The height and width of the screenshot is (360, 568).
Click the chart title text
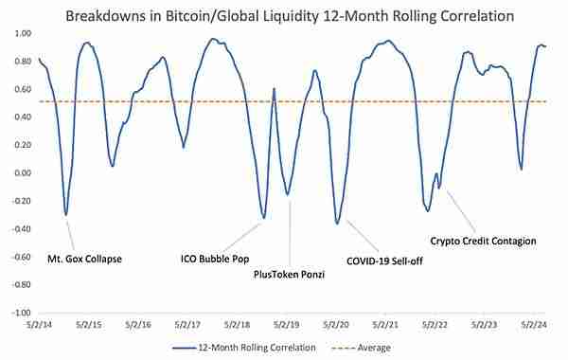(290, 16)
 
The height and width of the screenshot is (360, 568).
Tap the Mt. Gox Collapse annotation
(85, 259)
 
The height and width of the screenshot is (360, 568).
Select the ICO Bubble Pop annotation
(215, 259)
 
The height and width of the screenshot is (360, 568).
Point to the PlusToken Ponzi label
(289, 275)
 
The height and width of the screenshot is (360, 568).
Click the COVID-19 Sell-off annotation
(384, 261)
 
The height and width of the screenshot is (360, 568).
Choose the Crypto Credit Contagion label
(483, 241)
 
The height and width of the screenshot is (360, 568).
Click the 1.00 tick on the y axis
(23, 34)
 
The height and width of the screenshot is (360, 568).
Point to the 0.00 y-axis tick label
(23, 173)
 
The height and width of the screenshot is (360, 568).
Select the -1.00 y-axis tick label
(22, 313)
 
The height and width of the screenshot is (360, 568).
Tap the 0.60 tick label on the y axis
(23, 89)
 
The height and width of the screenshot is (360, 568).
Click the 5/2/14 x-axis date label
(39, 324)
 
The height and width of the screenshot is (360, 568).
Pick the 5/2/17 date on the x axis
(187, 324)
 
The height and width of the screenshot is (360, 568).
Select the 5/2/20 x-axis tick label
(336, 324)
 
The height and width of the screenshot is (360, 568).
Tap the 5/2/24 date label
(534, 324)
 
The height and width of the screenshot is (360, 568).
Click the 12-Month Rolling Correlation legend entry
(244, 348)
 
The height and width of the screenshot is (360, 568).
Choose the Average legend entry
(361, 348)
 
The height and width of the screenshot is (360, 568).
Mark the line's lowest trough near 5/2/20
(337, 224)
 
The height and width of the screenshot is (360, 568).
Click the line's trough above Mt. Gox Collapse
(65, 215)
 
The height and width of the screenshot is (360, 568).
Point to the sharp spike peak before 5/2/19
(274, 88)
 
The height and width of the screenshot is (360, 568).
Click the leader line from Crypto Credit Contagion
(461, 211)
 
